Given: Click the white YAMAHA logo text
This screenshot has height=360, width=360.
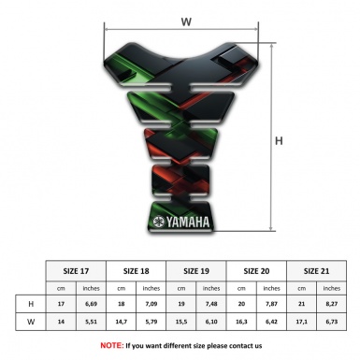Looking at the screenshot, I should pyautogui.click(x=183, y=222).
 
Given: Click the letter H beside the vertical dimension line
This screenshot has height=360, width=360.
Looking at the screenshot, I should pyautogui.click(x=279, y=141).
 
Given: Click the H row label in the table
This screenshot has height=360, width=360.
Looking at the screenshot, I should pyautogui.click(x=32, y=304).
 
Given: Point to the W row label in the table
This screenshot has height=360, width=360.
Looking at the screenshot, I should pyautogui.click(x=32, y=323).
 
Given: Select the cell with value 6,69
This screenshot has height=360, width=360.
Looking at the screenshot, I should pyautogui.click(x=92, y=304).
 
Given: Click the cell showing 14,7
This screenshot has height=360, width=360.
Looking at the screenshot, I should pyautogui.click(x=122, y=323).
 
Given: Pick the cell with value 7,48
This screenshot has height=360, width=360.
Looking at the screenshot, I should pyautogui.click(x=212, y=304).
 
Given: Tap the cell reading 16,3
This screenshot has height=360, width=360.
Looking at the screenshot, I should pyautogui.click(x=242, y=323).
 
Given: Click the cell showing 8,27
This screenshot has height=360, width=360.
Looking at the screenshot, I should pyautogui.click(x=332, y=304).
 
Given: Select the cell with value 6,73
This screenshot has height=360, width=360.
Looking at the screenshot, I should pyautogui.click(x=332, y=323).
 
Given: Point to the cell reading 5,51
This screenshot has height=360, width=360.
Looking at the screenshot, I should pyautogui.click(x=92, y=323).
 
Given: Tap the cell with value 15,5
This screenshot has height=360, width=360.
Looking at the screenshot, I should pyautogui.click(x=182, y=323).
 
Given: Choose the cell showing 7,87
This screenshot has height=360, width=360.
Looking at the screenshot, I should pyautogui.click(x=272, y=304).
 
